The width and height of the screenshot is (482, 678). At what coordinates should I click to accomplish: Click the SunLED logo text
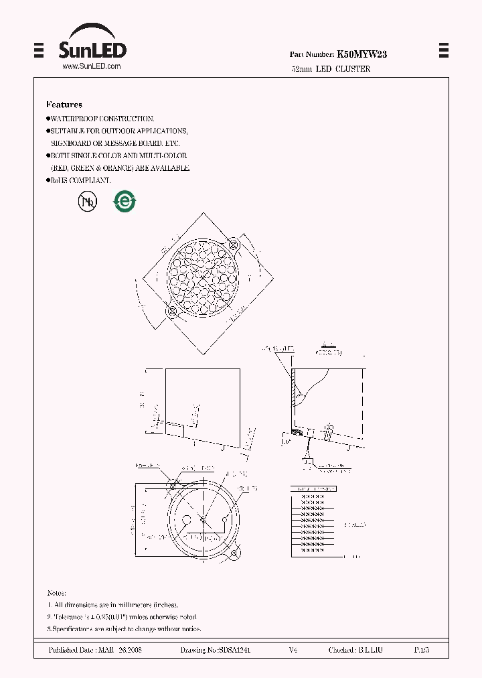(92, 50)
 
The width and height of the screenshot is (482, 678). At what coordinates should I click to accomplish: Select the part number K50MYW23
(361, 55)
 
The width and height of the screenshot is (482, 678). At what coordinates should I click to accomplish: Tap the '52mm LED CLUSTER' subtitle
(331, 69)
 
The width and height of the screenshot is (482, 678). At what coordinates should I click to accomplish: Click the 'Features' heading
(64, 105)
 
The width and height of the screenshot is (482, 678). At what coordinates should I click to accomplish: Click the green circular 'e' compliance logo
(124, 202)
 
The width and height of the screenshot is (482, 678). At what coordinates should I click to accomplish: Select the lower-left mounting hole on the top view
(171, 311)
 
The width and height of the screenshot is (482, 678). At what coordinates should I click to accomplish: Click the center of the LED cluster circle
(203, 279)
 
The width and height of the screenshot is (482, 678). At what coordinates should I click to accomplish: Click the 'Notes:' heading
(56, 594)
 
